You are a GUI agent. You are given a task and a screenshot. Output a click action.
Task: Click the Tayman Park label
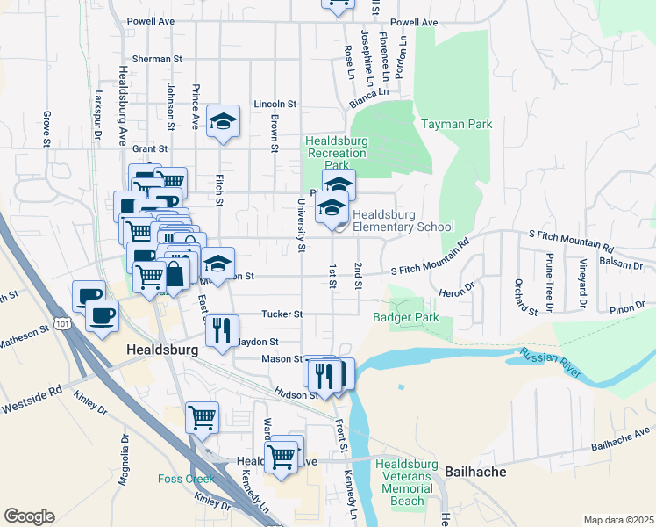pos(456,125)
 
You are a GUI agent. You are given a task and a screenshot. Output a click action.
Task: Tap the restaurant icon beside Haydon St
pos(222,331)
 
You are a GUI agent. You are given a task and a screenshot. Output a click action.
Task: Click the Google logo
pos(30,516)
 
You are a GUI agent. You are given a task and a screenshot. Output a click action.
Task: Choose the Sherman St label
pos(156,59)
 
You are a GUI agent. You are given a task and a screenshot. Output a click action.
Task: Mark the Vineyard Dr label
pos(582,285)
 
